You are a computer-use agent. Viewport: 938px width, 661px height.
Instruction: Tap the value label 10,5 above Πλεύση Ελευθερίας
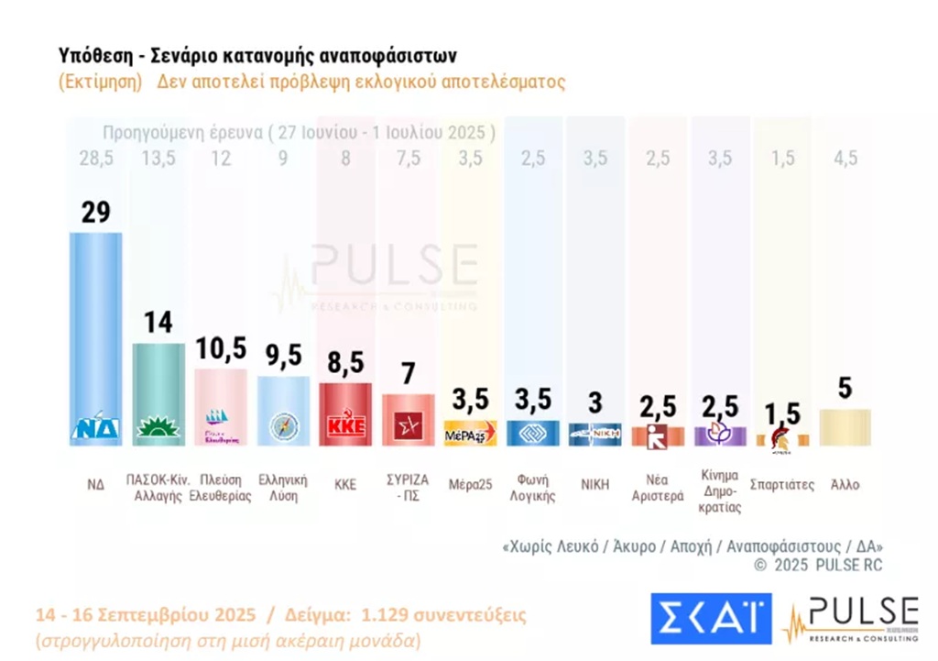coord(221,348)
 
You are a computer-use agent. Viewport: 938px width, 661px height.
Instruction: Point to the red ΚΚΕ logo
coord(344,428)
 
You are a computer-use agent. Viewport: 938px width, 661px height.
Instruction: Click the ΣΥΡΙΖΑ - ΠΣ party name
coord(408,490)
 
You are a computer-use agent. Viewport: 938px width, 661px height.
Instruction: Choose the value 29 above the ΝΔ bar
coord(95,212)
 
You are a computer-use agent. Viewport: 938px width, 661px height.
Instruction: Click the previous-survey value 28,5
coord(95,159)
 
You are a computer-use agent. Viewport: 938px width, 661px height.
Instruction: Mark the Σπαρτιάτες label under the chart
coord(781,483)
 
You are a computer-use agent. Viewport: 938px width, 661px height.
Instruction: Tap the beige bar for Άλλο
coord(845,427)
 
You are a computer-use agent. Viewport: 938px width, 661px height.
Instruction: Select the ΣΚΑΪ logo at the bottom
coord(711,618)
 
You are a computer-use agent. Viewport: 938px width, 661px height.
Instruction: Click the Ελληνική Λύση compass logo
coord(283,428)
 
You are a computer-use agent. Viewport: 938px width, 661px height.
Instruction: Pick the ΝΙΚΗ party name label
coord(594,483)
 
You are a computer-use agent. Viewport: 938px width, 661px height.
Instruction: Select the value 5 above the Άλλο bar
coord(845,389)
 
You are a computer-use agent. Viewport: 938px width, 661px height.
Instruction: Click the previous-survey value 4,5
coord(845,159)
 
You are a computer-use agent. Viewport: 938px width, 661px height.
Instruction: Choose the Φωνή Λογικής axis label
coord(532,490)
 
